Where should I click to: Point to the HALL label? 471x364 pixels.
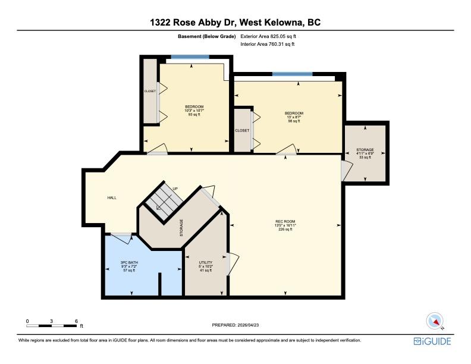pyautogui.click(x=112, y=197)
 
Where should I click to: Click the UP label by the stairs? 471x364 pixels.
pyautogui.click(x=175, y=189)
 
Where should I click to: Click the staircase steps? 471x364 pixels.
pyautogui.click(x=164, y=199)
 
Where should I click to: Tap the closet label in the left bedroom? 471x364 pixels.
pyautogui.click(x=150, y=91)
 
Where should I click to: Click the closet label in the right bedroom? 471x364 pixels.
pyautogui.click(x=242, y=130)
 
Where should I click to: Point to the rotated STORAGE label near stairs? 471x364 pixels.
pyautogui.click(x=181, y=228)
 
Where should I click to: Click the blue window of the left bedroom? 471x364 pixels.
pyautogui.click(x=190, y=57)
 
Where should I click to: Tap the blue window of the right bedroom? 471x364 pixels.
pyautogui.click(x=292, y=74)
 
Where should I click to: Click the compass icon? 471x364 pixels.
pyautogui.click(x=435, y=321)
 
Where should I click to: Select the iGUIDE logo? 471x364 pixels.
pyautogui.click(x=432, y=341)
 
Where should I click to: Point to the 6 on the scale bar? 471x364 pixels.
pyautogui.click(x=76, y=321)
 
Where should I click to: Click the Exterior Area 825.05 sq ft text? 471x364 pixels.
pyautogui.click(x=268, y=36)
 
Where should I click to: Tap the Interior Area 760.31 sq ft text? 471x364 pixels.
pyautogui.click(x=268, y=44)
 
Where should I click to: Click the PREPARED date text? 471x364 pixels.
pyautogui.click(x=235, y=325)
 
